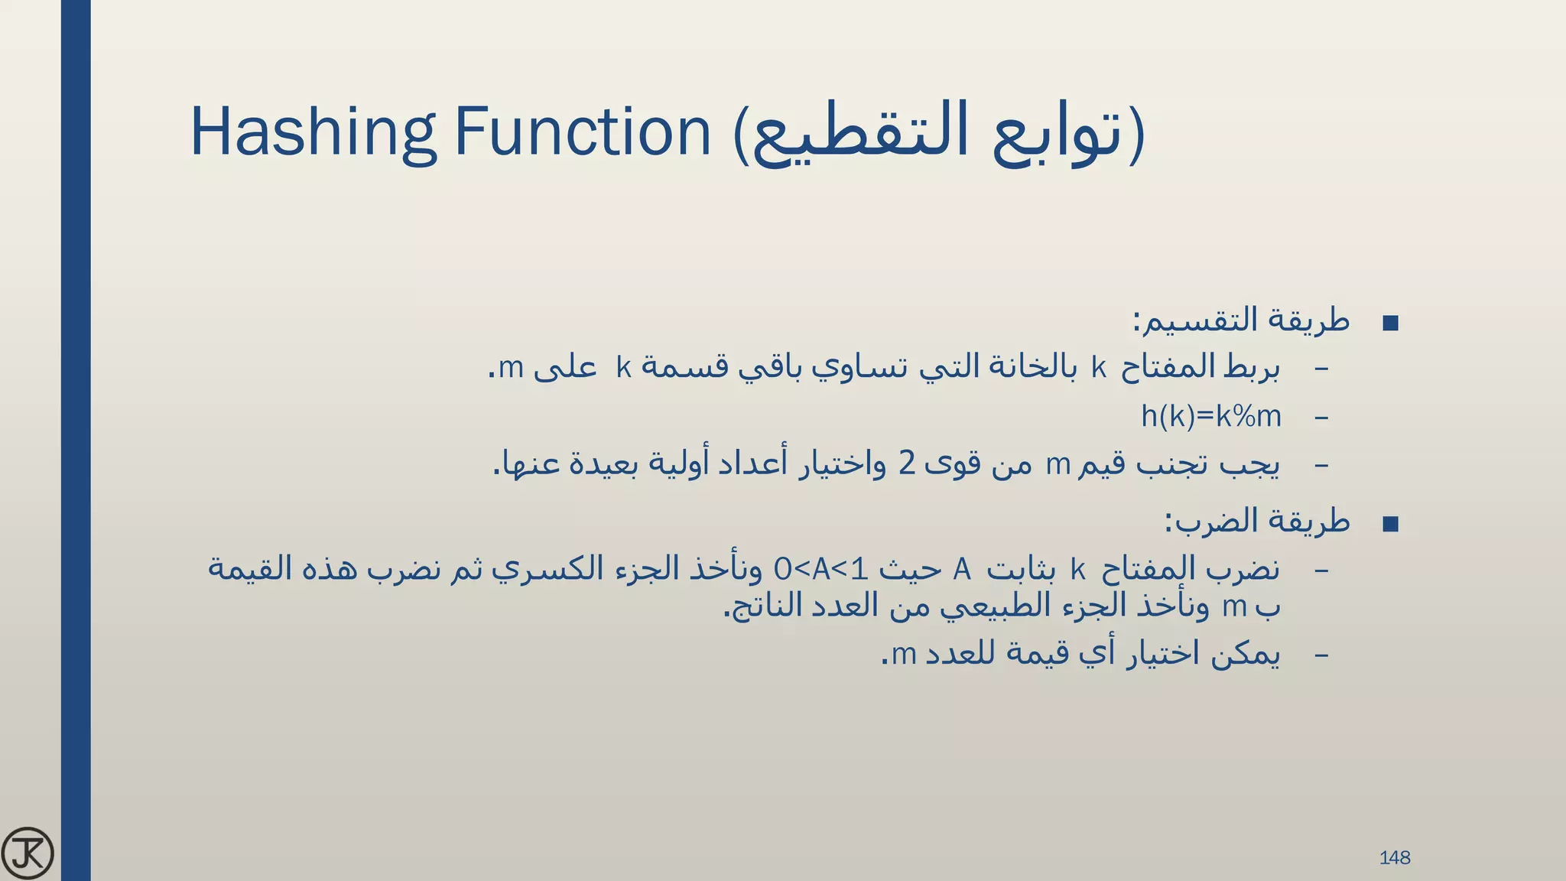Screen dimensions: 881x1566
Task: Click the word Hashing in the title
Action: (x=313, y=132)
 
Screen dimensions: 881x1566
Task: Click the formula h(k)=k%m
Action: (x=1210, y=417)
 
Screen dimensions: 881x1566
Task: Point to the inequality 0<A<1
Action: (x=821, y=569)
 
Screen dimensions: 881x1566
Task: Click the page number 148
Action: (x=1394, y=858)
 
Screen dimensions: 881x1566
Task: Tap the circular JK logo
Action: (x=28, y=853)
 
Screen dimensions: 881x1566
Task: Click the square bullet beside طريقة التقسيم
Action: (x=1391, y=323)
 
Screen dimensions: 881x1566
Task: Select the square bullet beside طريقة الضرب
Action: (x=1391, y=524)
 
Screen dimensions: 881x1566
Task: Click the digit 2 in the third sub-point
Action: (x=907, y=463)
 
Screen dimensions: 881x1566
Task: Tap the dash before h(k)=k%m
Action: (x=1321, y=418)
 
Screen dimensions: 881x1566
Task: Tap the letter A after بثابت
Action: (x=962, y=570)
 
